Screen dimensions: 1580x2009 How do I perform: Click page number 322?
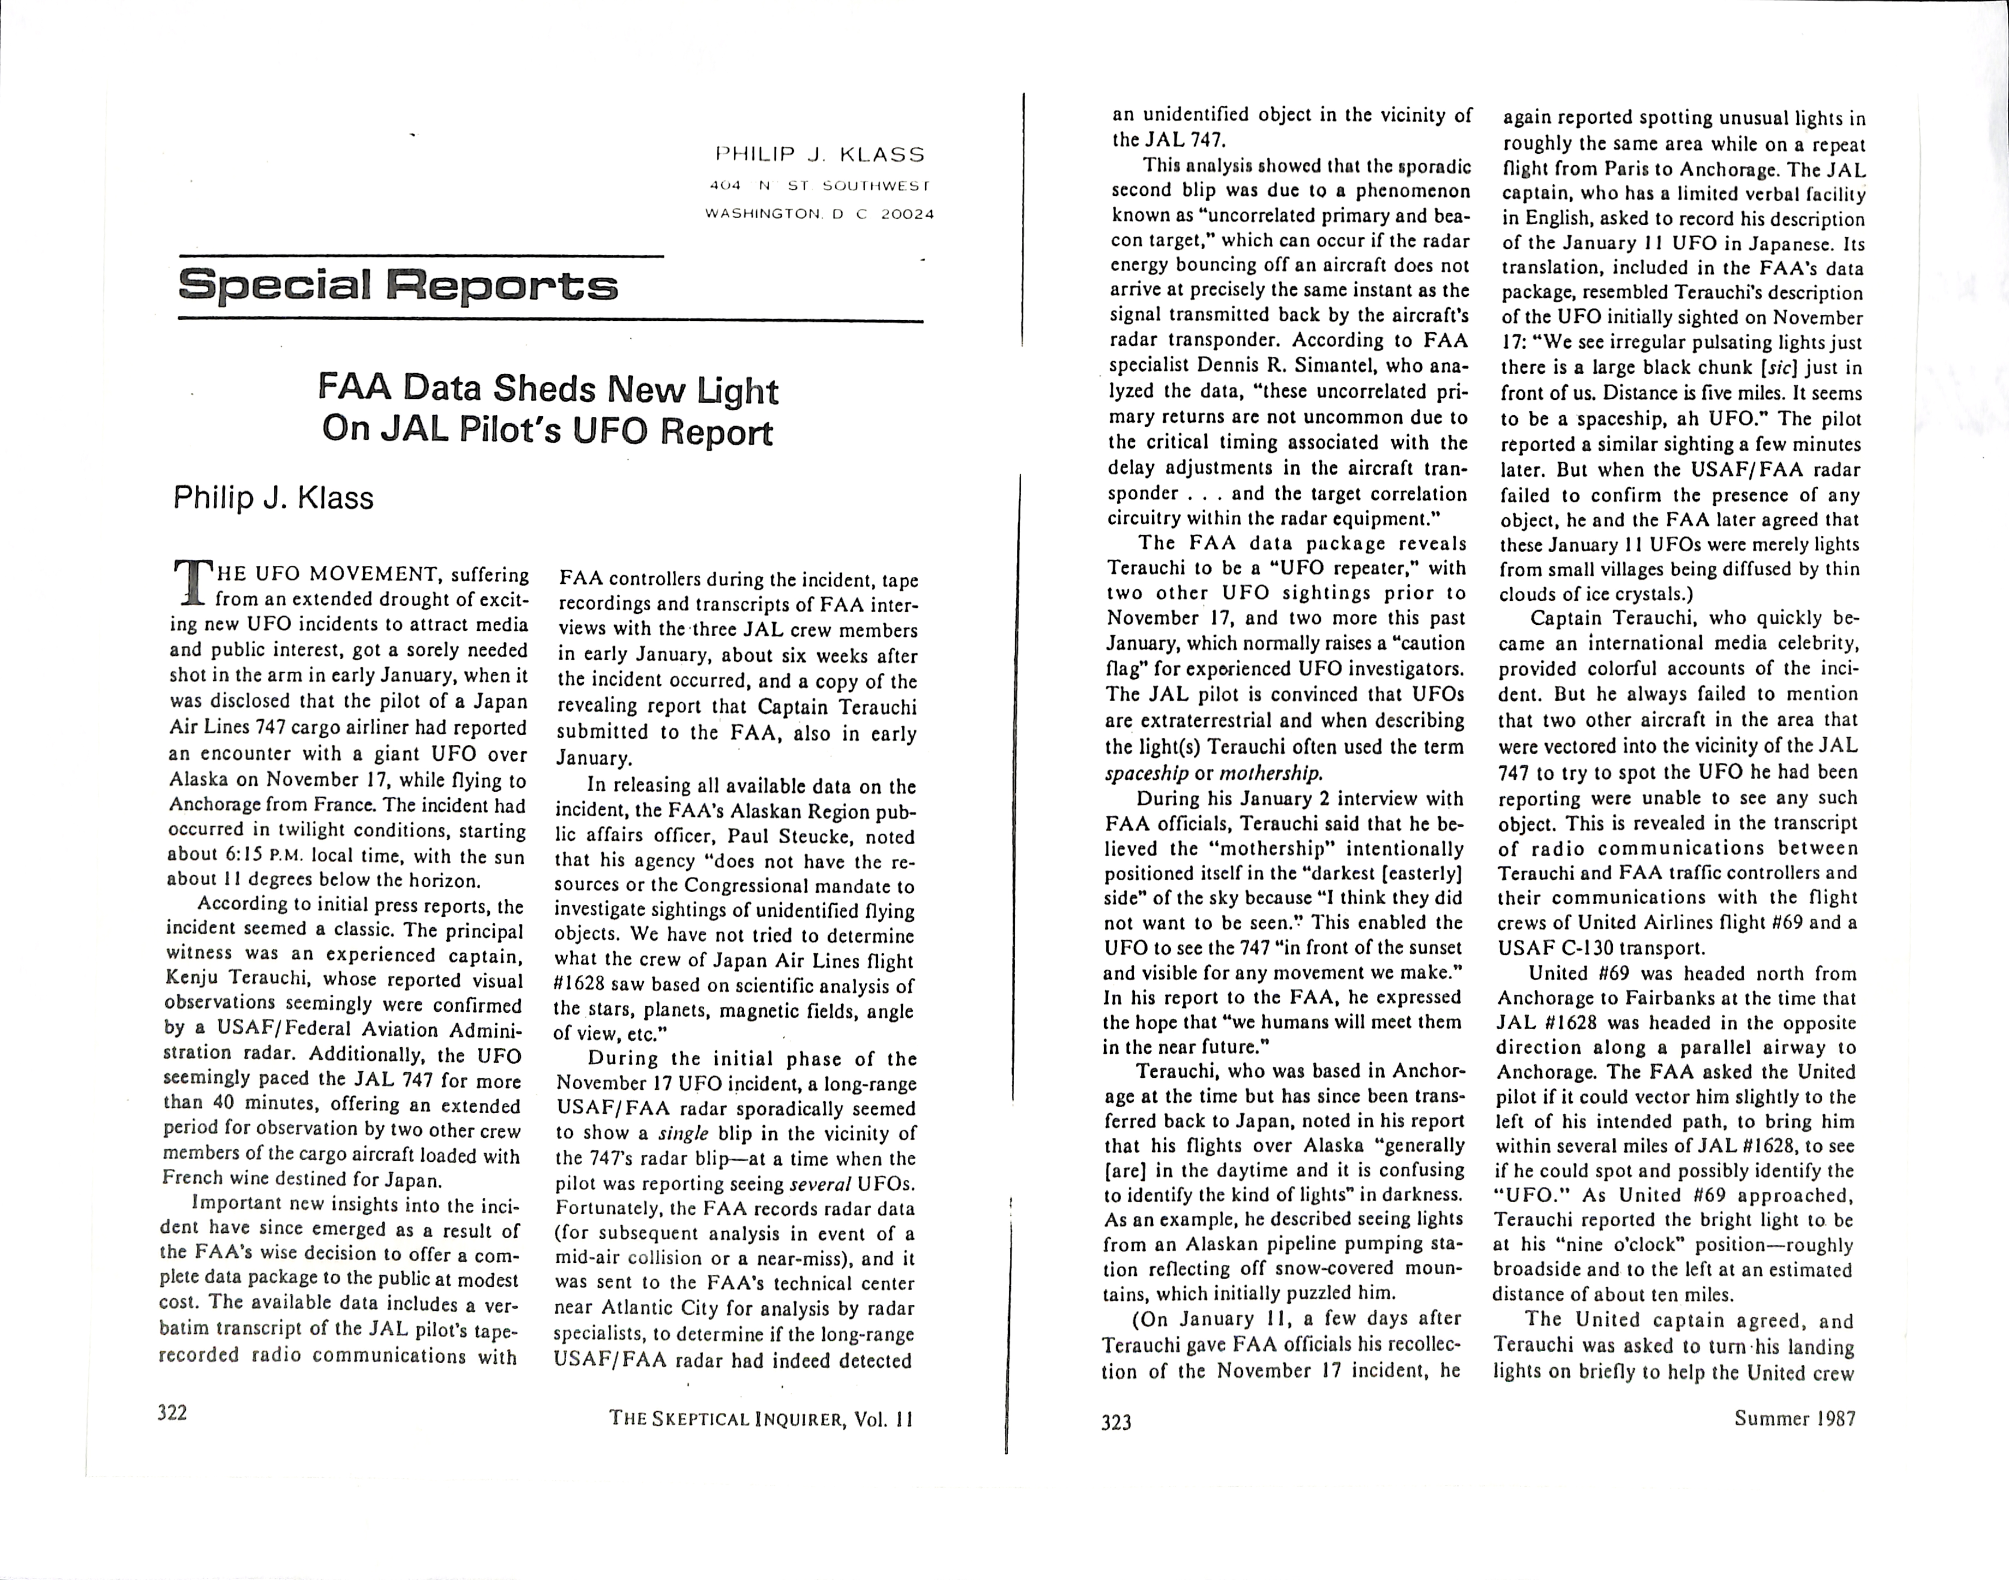[173, 1412]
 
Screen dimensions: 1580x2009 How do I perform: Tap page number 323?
[1116, 1422]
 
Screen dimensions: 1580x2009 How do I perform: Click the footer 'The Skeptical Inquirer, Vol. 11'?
[760, 1419]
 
